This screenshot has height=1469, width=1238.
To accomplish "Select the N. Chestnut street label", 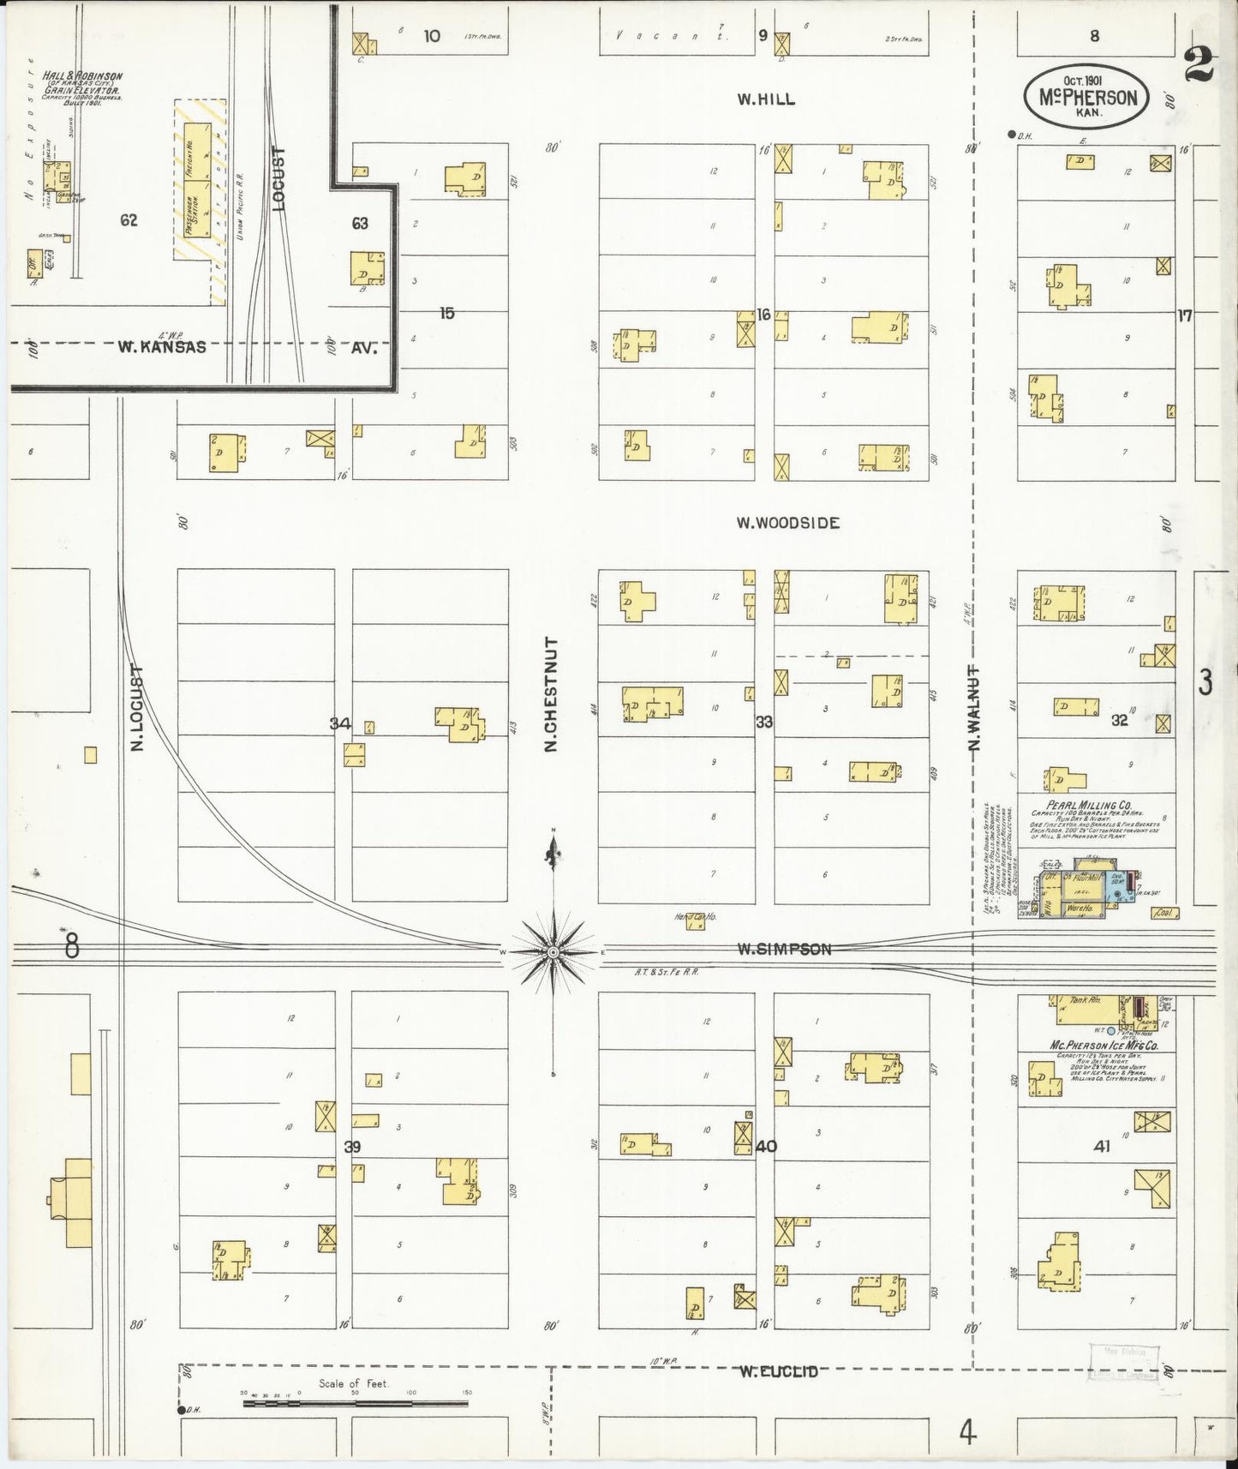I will (x=551, y=694).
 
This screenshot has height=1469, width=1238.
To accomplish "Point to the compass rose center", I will (x=553, y=952).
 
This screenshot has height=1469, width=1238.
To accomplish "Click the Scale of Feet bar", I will (x=355, y=1405).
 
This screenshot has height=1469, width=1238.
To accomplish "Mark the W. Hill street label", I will (x=766, y=99).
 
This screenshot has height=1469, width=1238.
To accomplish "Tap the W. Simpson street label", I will (x=785, y=949).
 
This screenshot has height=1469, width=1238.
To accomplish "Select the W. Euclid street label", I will (x=779, y=1372).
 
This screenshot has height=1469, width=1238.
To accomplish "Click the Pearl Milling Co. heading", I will (x=1093, y=806).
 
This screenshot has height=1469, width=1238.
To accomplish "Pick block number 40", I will (x=765, y=1146).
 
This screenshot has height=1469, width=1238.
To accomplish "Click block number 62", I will (x=129, y=220).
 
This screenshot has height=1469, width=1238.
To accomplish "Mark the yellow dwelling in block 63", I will (x=367, y=268).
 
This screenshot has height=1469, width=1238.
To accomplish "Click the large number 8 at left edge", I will (x=71, y=946).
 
